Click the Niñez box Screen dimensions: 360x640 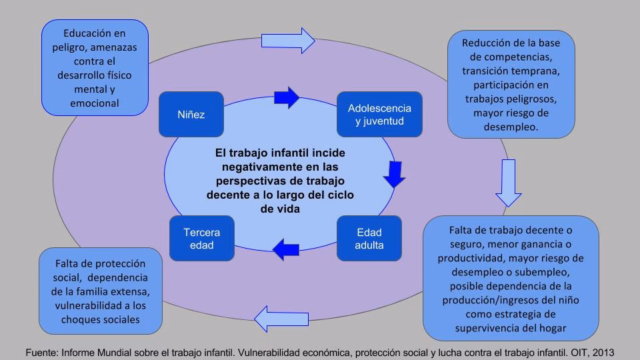[191, 114]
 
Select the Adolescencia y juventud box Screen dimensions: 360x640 [379, 114]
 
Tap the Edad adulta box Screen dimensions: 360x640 [369, 239]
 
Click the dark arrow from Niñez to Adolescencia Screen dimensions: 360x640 [286, 97]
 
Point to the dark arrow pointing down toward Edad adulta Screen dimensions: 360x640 [394, 174]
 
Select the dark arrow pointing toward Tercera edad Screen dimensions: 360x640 [286, 249]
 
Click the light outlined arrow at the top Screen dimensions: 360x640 [288, 41]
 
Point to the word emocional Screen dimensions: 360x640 [95, 103]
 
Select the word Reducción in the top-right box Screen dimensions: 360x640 [489, 43]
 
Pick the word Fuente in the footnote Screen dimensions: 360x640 [43, 352]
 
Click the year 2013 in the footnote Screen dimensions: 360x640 [601, 352]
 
